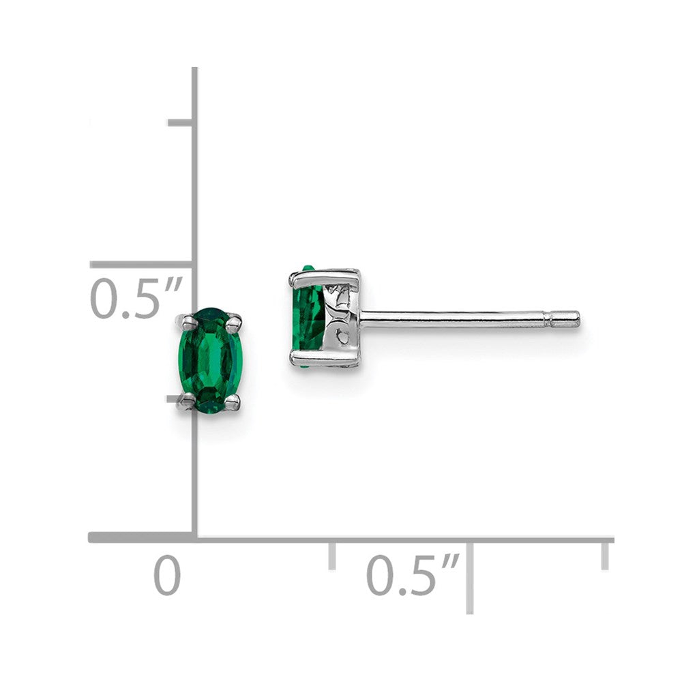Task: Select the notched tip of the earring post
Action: tap(566, 318)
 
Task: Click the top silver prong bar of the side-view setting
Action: tap(324, 276)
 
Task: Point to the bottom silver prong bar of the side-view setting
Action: tap(324, 357)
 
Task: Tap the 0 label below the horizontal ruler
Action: tap(167, 576)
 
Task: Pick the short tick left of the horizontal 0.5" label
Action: tap(332, 555)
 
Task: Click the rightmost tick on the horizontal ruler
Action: tap(604, 555)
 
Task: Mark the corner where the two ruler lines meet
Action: tap(195, 538)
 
